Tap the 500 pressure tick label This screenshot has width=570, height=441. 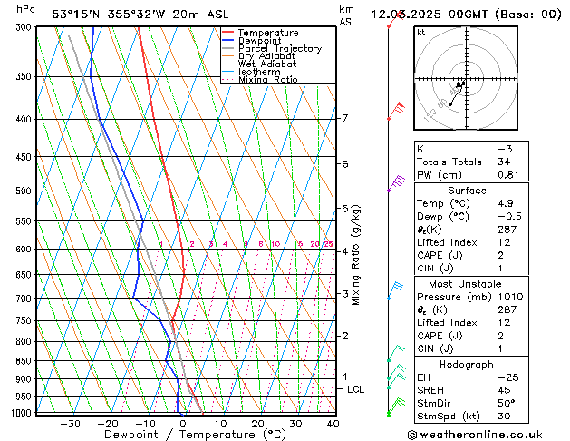coord(25,191)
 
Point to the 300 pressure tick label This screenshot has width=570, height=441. coord(25,27)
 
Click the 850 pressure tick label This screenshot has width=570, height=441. coord(25,361)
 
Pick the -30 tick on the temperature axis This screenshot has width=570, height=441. coord(69,423)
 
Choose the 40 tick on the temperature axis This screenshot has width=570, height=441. coord(333,423)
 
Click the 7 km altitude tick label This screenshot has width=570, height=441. coord(344,118)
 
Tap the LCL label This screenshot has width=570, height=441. coord(356,389)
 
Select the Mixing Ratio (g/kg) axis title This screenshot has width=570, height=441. coord(357,254)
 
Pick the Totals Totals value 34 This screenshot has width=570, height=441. coord(504,162)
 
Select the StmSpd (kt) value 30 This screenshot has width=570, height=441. coord(505,417)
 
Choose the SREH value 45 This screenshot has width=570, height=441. coord(504,390)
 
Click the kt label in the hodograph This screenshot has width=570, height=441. coord(420,32)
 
